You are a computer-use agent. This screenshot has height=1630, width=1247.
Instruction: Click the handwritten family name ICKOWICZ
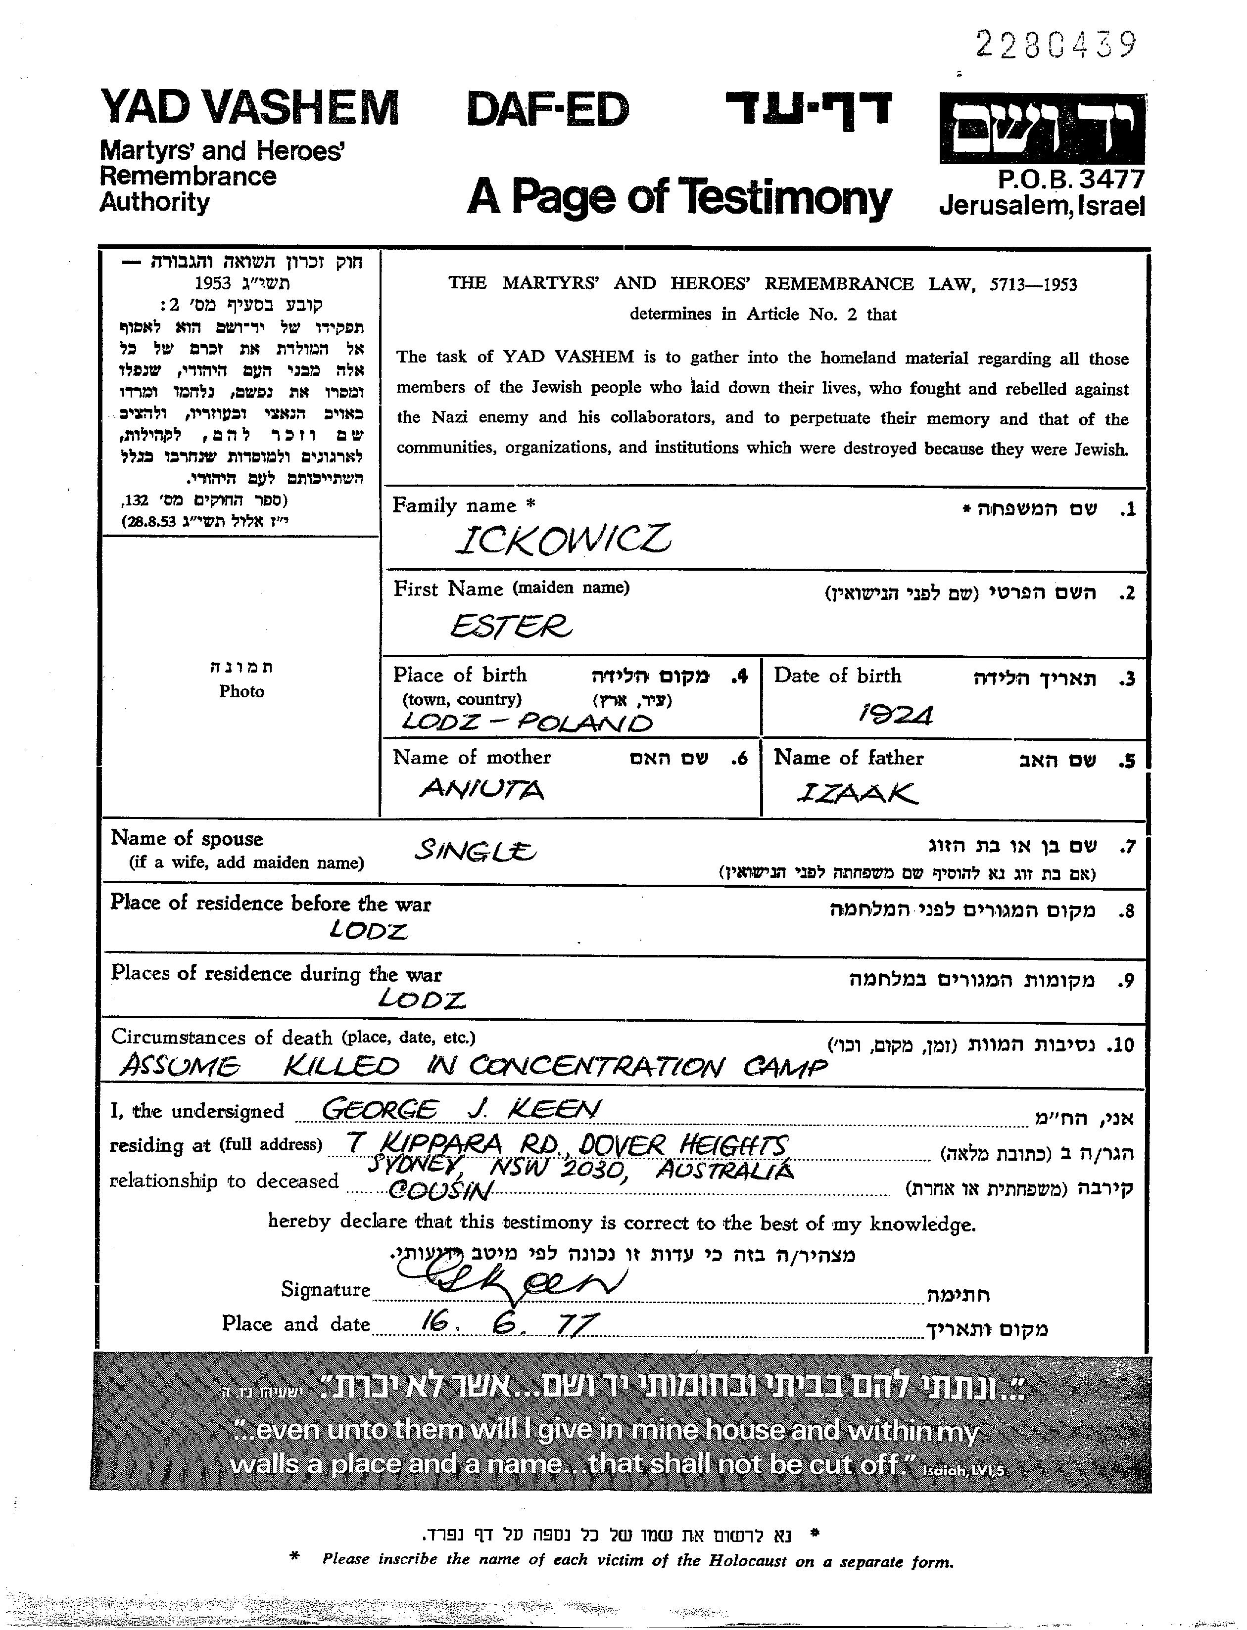[x=562, y=540]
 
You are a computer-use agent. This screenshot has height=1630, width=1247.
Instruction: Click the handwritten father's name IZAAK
[x=857, y=793]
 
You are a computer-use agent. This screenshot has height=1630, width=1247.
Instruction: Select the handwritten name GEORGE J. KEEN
[x=460, y=1109]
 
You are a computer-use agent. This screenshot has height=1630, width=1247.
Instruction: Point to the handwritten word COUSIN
[x=439, y=1190]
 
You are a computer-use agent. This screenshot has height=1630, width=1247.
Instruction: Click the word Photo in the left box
[x=241, y=691]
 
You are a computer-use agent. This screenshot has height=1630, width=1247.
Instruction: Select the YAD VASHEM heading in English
[x=249, y=108]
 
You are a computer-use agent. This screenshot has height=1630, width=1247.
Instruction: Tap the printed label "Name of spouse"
[x=187, y=838]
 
